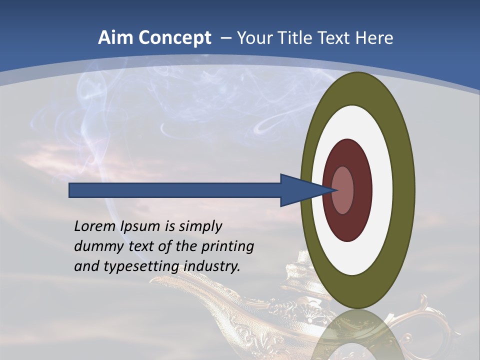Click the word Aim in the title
pos(116,38)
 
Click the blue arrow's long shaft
pos(175,190)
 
